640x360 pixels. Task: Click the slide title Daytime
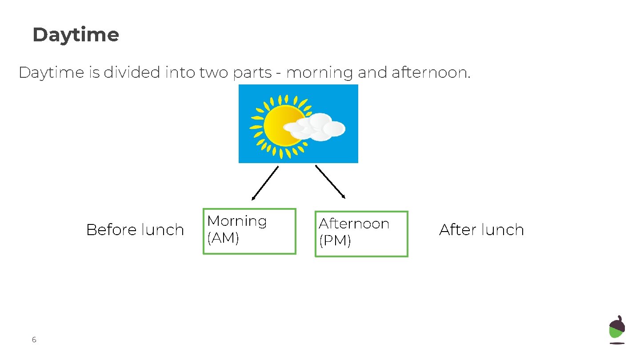(76, 35)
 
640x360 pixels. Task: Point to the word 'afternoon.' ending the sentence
(430, 72)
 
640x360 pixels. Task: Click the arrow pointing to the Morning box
(265, 183)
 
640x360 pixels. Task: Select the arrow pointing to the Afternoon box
(330, 182)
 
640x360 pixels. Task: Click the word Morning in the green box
(237, 221)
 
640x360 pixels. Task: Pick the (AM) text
(223, 238)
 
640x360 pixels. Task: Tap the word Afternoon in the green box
(354, 224)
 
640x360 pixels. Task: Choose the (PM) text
(335, 241)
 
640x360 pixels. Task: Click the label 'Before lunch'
(135, 230)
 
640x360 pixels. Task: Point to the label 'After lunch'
(481, 230)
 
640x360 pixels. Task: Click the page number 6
(34, 340)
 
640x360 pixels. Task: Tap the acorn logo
(617, 329)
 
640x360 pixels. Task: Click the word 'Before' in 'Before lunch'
(112, 230)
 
